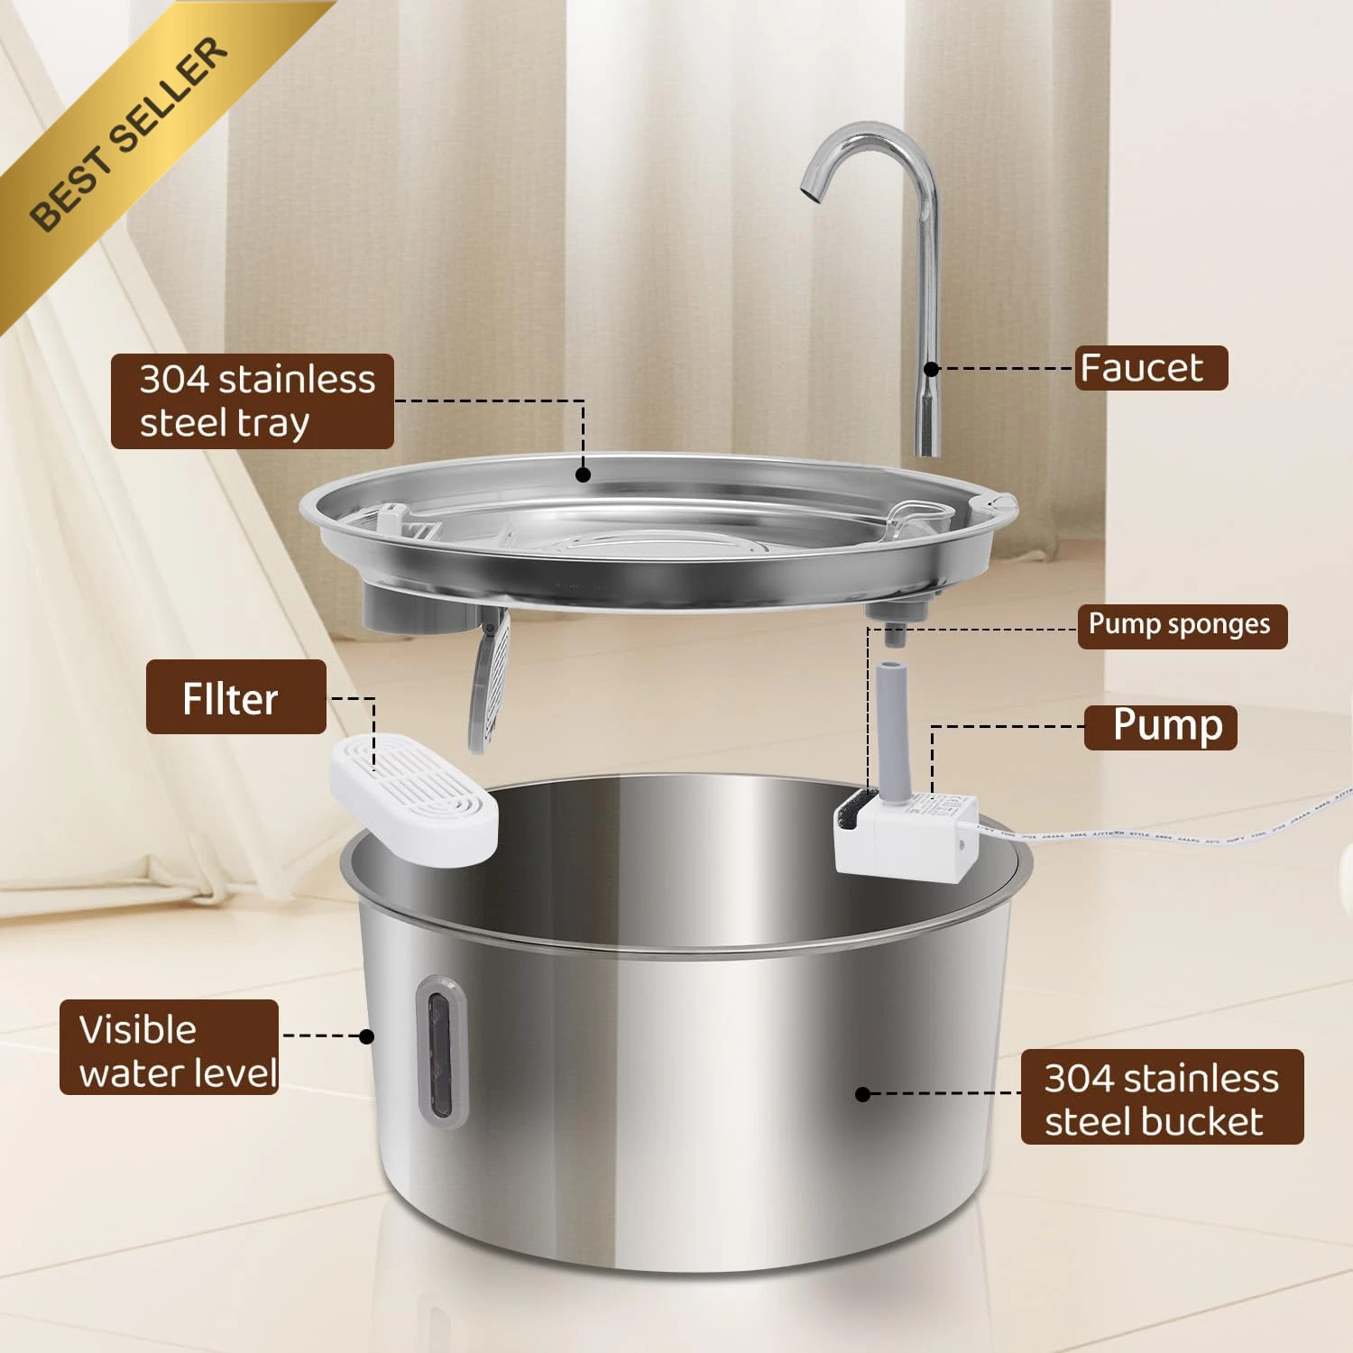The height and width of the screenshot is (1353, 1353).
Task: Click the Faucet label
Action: click(x=1151, y=368)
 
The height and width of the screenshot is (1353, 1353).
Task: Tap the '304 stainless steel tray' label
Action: click(x=253, y=401)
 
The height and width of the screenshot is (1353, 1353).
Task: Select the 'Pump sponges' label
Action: click(x=1182, y=626)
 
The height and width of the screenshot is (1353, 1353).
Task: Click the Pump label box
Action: click(x=1160, y=727)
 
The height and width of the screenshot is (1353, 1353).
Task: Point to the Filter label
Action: click(x=235, y=696)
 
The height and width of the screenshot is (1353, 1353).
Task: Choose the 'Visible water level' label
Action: click(x=169, y=1047)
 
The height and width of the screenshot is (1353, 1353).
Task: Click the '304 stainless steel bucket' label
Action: click(x=1162, y=1097)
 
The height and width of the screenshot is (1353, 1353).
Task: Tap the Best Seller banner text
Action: click(x=128, y=133)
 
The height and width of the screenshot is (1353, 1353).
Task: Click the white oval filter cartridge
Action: click(x=414, y=798)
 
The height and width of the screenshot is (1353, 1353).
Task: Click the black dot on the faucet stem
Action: click(x=932, y=369)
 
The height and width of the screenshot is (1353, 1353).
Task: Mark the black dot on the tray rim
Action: click(x=584, y=474)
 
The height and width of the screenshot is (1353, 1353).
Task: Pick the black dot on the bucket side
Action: click(x=862, y=1094)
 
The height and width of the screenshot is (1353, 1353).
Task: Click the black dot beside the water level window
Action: click(x=366, y=1036)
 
